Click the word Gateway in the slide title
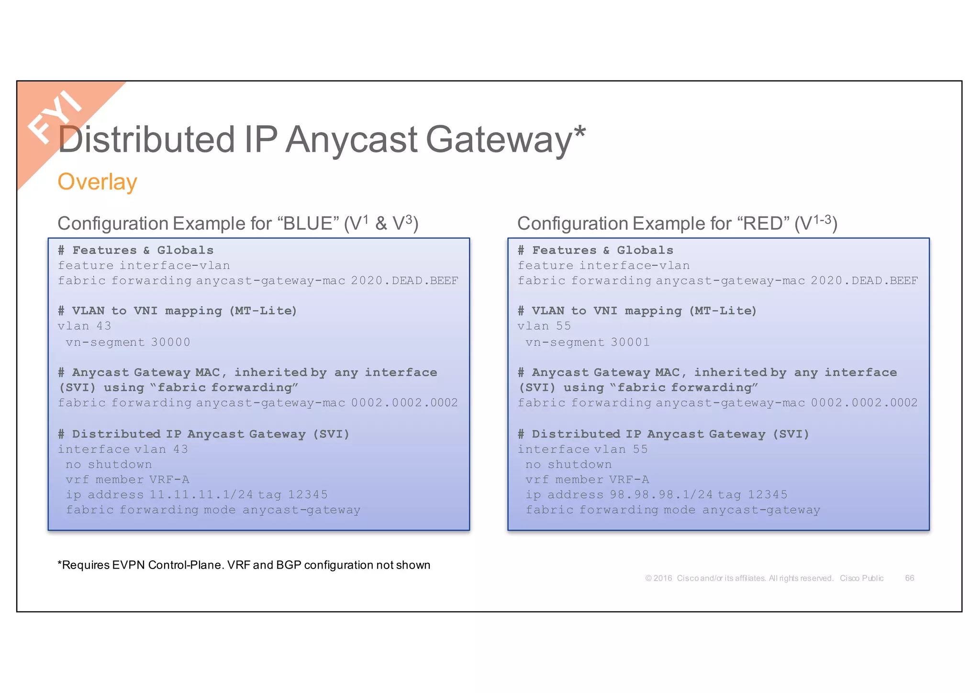[x=499, y=140]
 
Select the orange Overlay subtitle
[x=97, y=182]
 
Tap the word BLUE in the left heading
[x=308, y=224]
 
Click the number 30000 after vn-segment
[x=170, y=342]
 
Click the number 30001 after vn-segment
[x=630, y=342]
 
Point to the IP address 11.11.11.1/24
[x=201, y=494]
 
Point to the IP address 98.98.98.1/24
[x=661, y=494]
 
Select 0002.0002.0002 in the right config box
[x=864, y=403]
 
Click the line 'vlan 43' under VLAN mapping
[x=84, y=326]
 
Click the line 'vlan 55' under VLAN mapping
[x=544, y=326]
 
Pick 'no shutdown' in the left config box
[x=109, y=464]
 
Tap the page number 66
[x=909, y=578]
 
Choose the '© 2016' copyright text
[x=658, y=578]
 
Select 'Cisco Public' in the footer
[x=861, y=578]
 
